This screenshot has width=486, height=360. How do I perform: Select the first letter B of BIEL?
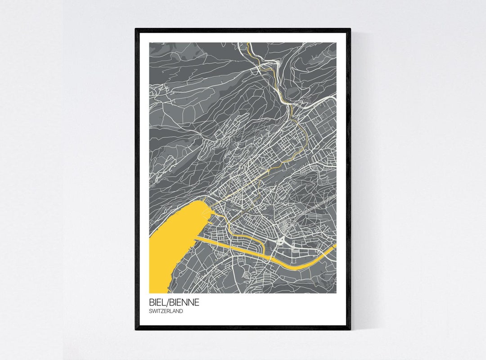[x=152, y=302]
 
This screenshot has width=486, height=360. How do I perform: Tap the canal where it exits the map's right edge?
[x=334, y=247]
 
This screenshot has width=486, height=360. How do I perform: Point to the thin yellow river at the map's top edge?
[x=248, y=45]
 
